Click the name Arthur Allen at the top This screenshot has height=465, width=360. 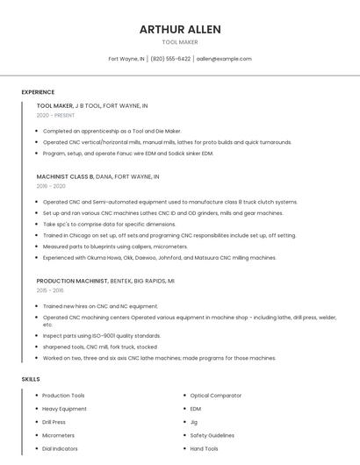pyautogui.click(x=180, y=29)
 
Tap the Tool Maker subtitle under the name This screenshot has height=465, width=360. pyautogui.click(x=180, y=42)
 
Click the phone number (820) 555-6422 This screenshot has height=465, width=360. pyautogui.click(x=170, y=59)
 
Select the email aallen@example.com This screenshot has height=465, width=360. pyautogui.click(x=224, y=59)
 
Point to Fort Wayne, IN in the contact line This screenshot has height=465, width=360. pyautogui.click(x=126, y=59)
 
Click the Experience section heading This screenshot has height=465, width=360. pyautogui.click(x=38, y=92)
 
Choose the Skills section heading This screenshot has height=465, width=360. pyautogui.click(x=31, y=379)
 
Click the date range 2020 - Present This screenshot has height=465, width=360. pyautogui.click(x=56, y=115)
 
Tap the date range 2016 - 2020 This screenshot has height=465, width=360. pyautogui.click(x=51, y=186)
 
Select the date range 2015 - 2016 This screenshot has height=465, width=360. pyautogui.click(x=50, y=290)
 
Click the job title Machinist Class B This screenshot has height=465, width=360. pyautogui.click(x=65, y=176)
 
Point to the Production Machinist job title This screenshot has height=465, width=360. pyautogui.click(x=72, y=280)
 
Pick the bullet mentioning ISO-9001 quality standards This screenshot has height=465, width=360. pyautogui.click(x=102, y=335)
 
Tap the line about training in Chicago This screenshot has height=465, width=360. pyautogui.click(x=169, y=235)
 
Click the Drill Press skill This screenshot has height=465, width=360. pyautogui.click(x=54, y=422)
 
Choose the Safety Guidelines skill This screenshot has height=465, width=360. pyautogui.click(x=212, y=435)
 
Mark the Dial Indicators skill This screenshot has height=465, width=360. pyautogui.click(x=60, y=448)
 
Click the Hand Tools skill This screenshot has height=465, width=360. pyautogui.click(x=205, y=448)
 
